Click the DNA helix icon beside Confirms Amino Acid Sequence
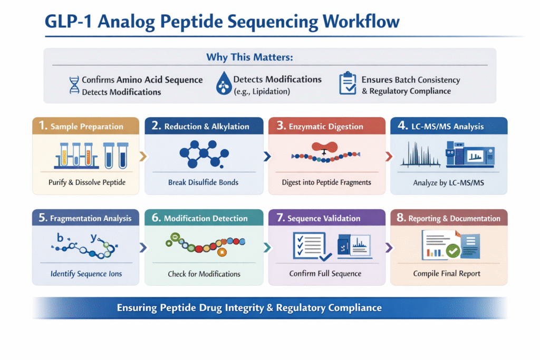[74, 85]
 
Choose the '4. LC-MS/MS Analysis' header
[449, 127]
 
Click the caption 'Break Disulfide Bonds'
[204, 182]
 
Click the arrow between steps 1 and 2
[142, 156]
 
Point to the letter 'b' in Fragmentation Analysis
[60, 238]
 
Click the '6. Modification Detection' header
[206, 218]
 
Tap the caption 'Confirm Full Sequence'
[325, 274]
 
